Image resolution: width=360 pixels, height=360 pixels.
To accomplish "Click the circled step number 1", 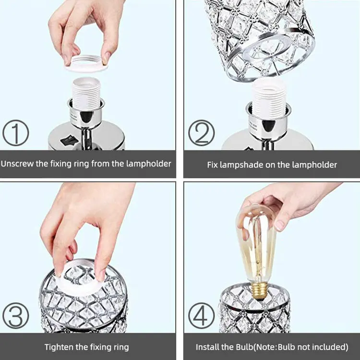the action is [16, 132].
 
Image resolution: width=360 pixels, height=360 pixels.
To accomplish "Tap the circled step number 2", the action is [201, 132].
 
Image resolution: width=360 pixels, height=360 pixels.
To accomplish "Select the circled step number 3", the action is [16, 315].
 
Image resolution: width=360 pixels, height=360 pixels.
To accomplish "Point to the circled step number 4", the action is [201, 315].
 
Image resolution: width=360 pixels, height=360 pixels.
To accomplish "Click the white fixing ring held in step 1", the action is [86, 67].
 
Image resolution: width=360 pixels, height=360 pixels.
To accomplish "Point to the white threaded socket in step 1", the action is [86, 93].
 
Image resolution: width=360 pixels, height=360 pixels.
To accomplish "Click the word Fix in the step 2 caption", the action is [212, 165].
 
